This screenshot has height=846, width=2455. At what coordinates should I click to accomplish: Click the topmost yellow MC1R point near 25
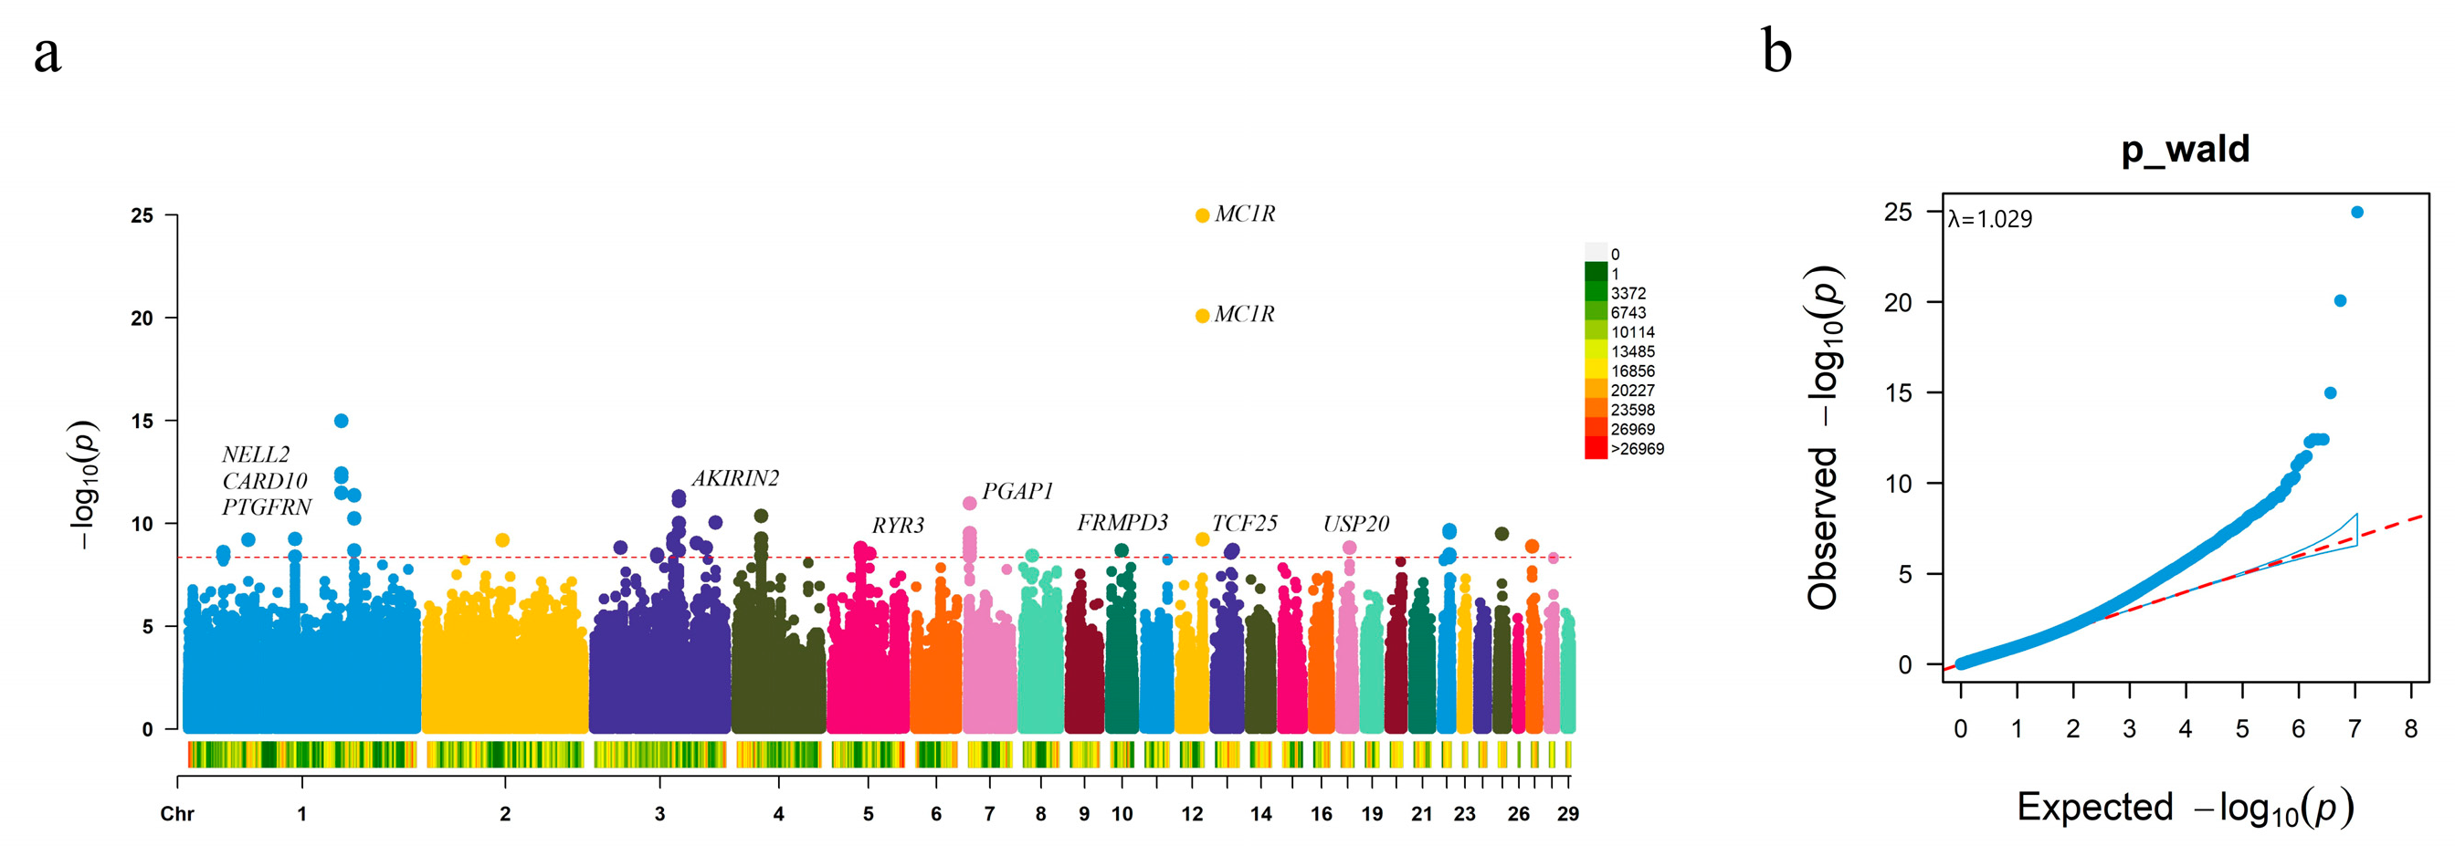1203,215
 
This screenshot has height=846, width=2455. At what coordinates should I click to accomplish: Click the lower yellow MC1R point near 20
1203,316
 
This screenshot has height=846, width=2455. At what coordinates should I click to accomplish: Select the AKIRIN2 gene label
735,478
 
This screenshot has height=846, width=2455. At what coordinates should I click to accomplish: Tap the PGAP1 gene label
1017,491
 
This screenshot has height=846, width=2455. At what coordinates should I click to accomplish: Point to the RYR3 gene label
898,525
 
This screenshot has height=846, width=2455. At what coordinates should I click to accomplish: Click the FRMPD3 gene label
1122,522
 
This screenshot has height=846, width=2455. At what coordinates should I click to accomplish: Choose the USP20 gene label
1355,523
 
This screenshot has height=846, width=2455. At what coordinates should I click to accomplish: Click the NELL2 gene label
256,454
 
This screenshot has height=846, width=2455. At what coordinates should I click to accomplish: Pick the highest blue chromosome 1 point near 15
342,420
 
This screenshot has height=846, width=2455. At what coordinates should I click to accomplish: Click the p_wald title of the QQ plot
2185,150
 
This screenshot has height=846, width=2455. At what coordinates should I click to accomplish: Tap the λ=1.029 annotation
1990,219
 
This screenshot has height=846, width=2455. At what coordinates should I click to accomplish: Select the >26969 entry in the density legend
1637,449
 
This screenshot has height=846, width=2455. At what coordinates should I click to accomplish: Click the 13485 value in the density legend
1631,351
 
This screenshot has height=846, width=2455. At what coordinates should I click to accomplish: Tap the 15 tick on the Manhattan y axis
142,421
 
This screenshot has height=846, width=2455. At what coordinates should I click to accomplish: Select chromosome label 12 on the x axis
1191,814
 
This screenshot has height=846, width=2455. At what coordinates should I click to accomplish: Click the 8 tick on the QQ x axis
2410,729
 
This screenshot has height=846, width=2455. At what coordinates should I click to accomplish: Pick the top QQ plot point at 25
2357,213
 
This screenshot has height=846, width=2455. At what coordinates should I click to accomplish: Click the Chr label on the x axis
177,814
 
